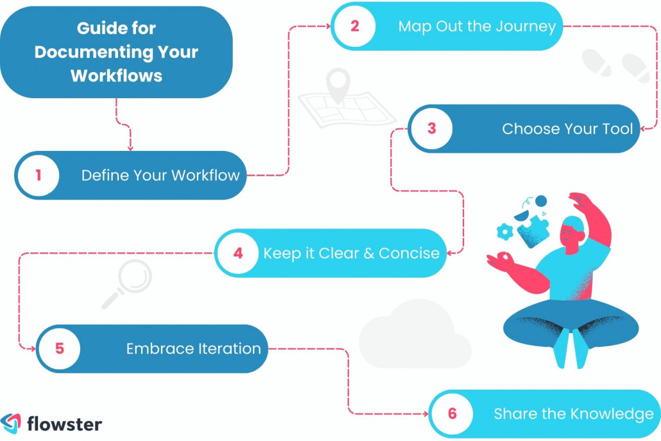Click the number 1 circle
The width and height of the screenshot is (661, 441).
(x=38, y=175)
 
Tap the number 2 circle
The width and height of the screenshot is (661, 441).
(x=354, y=26)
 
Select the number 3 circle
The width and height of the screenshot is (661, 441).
(x=431, y=128)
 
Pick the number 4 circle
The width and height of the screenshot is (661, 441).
(x=238, y=252)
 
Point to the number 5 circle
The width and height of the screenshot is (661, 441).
(x=59, y=349)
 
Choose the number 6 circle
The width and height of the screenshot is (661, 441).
(x=452, y=413)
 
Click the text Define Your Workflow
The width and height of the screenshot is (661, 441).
(x=160, y=175)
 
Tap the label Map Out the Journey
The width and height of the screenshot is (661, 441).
(x=477, y=26)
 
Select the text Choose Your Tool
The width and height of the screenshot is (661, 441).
(x=567, y=128)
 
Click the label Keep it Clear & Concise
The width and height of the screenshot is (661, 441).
(x=351, y=252)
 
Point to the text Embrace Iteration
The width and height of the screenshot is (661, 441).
(x=193, y=349)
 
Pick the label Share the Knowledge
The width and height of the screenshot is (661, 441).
(x=573, y=413)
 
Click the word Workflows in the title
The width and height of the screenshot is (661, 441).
(x=116, y=75)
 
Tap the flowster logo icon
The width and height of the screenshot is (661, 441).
(x=11, y=424)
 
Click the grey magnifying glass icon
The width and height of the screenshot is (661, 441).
(x=128, y=282)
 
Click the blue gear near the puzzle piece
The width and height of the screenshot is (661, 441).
(x=506, y=229)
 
